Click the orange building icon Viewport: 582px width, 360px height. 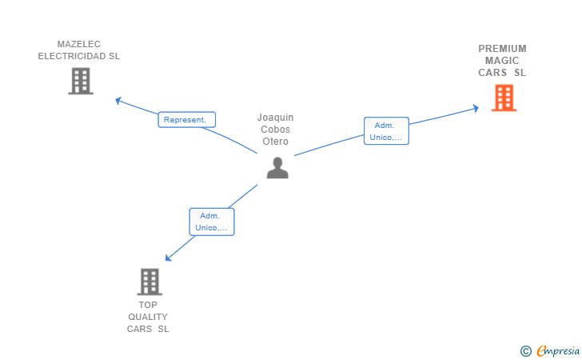pos(504,98)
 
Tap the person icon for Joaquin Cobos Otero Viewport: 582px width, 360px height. pos(277,168)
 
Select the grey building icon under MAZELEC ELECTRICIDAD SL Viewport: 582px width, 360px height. pos(81,81)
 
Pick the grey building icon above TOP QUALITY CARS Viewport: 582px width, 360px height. pos(149,282)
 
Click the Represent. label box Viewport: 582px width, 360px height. pos(187,120)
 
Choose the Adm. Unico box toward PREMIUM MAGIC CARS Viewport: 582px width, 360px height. pos(386,130)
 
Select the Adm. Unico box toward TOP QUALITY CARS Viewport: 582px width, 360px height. pos(212,222)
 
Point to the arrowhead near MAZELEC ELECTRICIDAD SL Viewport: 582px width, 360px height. pos(118,100)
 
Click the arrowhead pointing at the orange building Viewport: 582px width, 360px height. pos(476,109)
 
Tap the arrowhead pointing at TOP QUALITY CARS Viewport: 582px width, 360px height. pos(168,258)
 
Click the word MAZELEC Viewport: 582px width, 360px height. pos(78,44)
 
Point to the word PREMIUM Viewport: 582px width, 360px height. pos(502,49)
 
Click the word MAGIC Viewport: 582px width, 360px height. pos(502,61)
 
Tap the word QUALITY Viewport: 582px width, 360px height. pos(148,317)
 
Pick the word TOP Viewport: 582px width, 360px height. pos(148,305)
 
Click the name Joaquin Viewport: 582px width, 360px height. pos(275,118)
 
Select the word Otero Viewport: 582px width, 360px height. pos(275,142)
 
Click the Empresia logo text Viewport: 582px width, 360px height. pos(558,350)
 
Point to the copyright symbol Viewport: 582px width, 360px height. pos(526,351)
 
